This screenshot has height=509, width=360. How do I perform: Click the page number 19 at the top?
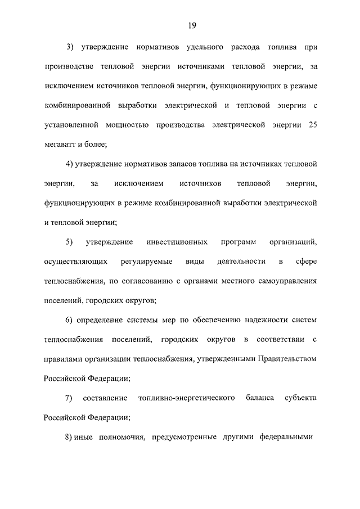192,25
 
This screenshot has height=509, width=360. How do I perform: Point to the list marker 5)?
70,242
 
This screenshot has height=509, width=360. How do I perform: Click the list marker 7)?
69,398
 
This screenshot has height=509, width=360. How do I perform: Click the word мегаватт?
60,144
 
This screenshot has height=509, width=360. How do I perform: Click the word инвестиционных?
175,242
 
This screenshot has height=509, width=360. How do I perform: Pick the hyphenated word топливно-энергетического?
186,398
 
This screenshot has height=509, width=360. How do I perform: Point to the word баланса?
260,398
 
